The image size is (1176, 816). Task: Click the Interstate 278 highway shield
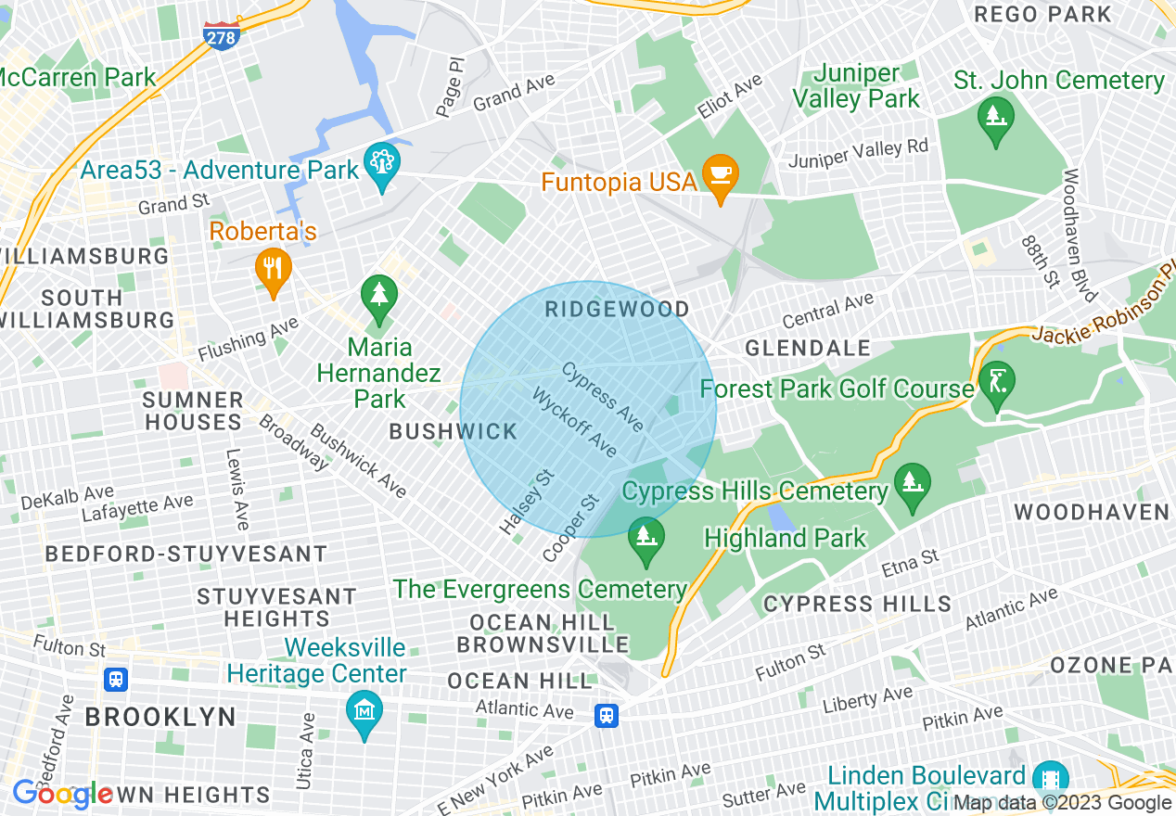point(221,34)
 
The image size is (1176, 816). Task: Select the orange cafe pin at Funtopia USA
point(720,174)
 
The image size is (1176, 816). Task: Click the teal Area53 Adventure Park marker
point(381,164)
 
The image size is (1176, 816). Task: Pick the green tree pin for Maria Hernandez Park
point(378,295)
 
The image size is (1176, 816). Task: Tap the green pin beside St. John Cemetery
point(995,118)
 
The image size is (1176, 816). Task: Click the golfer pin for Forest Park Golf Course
point(997,383)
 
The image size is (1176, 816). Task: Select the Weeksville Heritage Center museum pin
point(364,711)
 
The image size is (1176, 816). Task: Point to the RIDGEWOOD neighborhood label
point(617,309)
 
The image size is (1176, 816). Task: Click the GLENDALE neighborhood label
point(808,348)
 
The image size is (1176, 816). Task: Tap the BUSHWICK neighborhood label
point(453,431)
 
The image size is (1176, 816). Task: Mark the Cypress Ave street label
point(602,396)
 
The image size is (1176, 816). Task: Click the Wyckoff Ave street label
point(574,422)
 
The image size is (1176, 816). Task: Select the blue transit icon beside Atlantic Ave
point(607,715)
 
